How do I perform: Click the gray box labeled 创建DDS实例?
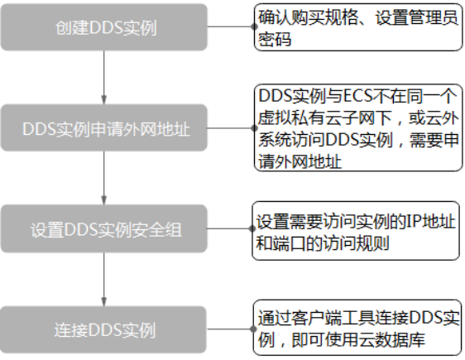point(103,27)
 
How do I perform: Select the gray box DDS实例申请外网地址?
point(103,127)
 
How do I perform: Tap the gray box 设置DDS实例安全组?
point(103,228)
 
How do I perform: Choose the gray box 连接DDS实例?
point(103,329)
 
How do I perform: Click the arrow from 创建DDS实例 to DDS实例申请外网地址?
point(103,78)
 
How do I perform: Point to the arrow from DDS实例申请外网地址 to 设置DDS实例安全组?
point(103,178)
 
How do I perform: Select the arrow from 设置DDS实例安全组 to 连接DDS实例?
point(103,280)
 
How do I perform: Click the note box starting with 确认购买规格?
point(358,27)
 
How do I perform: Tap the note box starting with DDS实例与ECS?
point(358,127)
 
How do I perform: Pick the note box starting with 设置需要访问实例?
point(356,231)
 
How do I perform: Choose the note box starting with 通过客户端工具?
point(357,328)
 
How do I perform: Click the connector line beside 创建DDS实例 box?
point(230,26)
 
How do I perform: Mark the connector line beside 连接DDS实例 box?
point(230,329)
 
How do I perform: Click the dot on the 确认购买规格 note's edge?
point(254,26)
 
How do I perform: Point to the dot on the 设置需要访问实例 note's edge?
point(252,228)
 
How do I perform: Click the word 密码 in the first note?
point(275,39)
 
